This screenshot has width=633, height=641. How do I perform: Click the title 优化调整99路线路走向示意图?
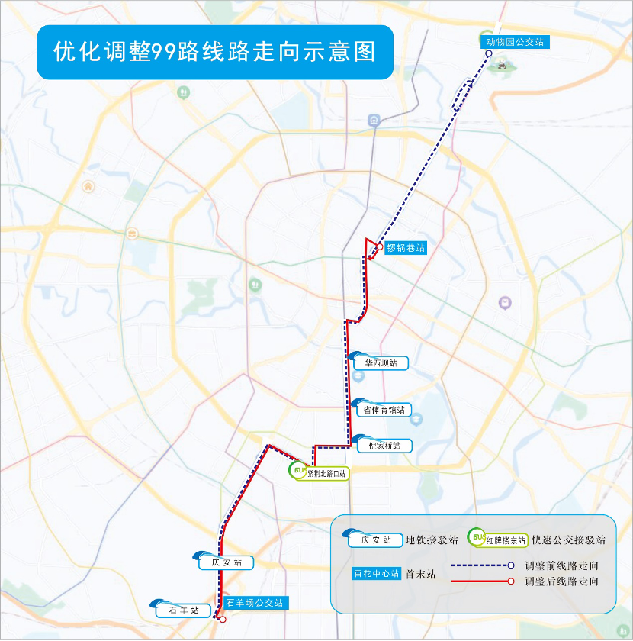(214, 52)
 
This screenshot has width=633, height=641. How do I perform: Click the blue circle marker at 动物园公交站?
(489, 54)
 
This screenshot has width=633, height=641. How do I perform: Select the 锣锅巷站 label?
(405, 247)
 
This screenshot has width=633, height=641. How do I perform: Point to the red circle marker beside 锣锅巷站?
(379, 247)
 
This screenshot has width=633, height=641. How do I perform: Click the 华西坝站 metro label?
(381, 363)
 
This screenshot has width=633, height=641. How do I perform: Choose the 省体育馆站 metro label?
(383, 410)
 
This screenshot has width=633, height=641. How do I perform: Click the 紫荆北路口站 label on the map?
(327, 473)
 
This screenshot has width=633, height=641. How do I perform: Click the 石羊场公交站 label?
(258, 603)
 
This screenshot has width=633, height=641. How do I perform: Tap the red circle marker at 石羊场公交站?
(222, 620)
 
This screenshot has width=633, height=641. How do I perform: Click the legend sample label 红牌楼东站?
(507, 540)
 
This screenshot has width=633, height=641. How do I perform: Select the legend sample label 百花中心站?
(376, 574)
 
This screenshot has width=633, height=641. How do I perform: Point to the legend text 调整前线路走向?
(561, 566)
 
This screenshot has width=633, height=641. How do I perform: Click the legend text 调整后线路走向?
(561, 581)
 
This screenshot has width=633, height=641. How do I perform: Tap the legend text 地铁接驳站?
(432, 540)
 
